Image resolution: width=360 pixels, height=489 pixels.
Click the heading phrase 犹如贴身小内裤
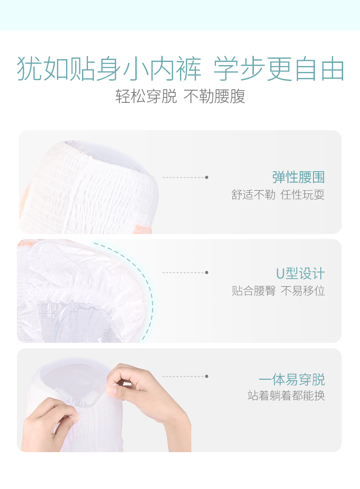pyautogui.click(x=109, y=69)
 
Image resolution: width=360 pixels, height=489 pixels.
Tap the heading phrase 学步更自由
pyautogui.click(x=279, y=69)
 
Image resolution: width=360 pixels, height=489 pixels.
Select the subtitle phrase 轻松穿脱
pyautogui.click(x=146, y=96)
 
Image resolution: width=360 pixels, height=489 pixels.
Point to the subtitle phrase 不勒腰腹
pyautogui.click(x=214, y=96)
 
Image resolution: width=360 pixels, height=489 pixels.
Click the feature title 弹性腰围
pyautogui.click(x=298, y=177)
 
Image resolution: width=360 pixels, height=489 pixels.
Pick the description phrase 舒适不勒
pyautogui.click(x=253, y=194)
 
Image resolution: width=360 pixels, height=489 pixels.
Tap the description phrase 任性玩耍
pyautogui.click(x=303, y=194)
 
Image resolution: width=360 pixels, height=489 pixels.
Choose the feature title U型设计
pyautogui.click(x=300, y=274)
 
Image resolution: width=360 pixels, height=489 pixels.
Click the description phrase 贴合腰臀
pyautogui.click(x=253, y=290)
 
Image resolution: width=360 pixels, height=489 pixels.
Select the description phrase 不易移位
pyautogui.click(x=303, y=290)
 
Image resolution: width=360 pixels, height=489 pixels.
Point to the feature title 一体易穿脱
pyautogui.click(x=292, y=379)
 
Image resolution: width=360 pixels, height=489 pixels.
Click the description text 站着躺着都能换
pyautogui.click(x=286, y=396)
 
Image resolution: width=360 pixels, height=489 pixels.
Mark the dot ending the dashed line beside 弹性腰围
pyautogui.click(x=207, y=178)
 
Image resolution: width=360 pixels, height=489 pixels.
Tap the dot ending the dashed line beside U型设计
pyautogui.click(x=207, y=273)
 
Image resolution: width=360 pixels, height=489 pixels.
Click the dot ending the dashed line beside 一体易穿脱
pyautogui.click(x=207, y=377)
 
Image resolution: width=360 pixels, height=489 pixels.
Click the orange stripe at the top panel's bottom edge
pyautogui.click(x=143, y=229)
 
